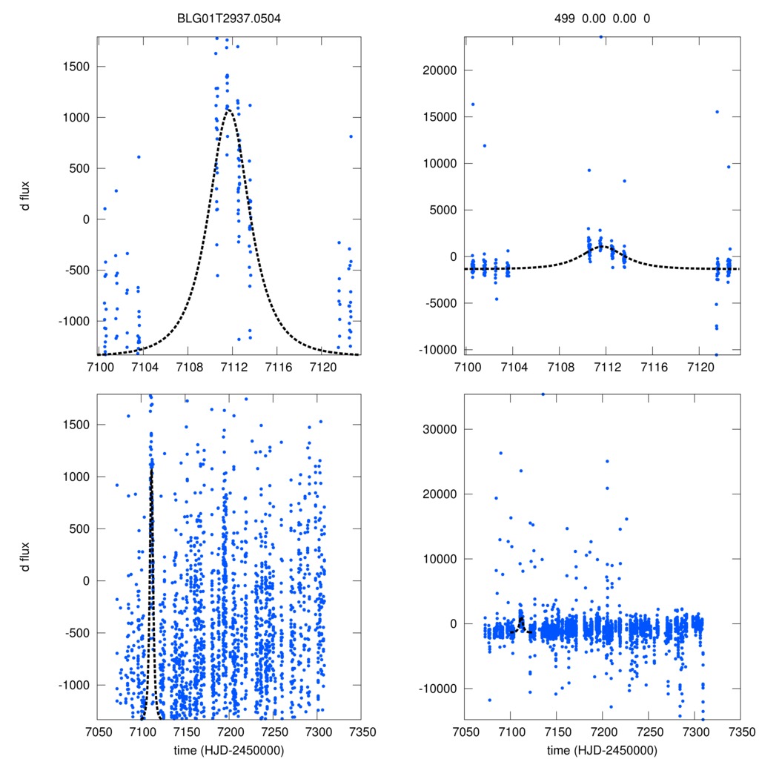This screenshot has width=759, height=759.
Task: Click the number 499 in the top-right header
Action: (x=565, y=19)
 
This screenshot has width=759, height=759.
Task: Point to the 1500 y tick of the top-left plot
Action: (x=74, y=66)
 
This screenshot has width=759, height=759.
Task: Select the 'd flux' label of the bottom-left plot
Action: (x=27, y=556)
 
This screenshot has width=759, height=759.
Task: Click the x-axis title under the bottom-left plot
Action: (x=229, y=749)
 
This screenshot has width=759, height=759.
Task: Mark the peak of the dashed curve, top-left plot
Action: (x=230, y=110)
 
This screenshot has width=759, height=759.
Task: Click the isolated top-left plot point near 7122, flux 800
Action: (x=351, y=136)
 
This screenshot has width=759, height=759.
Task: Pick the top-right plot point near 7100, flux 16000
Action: (x=473, y=104)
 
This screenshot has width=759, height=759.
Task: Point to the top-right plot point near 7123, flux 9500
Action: (x=729, y=167)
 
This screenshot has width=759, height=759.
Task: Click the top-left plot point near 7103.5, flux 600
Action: (x=139, y=156)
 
